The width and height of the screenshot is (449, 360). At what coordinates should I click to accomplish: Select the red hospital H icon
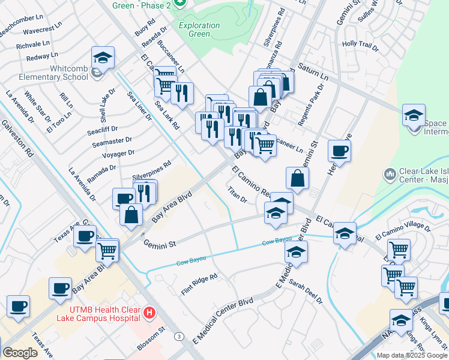(150, 313)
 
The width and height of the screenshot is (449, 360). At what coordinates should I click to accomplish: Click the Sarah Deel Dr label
(306, 291)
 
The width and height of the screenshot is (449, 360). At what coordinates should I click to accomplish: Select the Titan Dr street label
(238, 194)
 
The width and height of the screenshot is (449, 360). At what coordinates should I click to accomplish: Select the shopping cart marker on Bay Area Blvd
(107, 251)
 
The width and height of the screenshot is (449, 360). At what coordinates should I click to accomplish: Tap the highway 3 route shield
(179, 337)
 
